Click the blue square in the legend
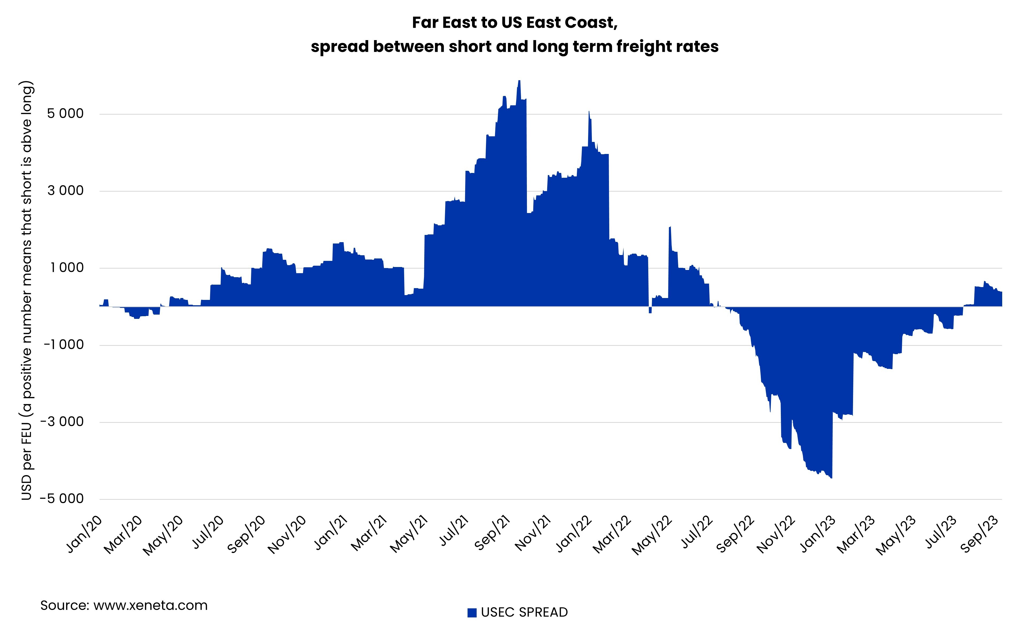[x=472, y=613]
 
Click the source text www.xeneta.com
[x=150, y=605]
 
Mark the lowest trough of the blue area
[x=831, y=477]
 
